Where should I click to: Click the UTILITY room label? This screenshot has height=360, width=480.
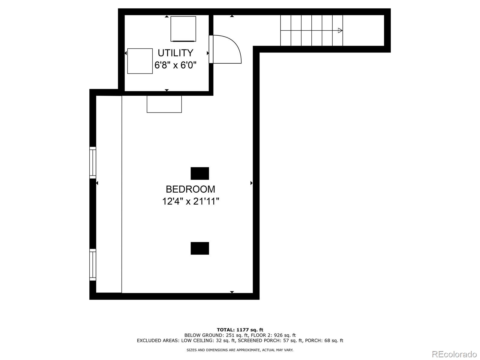coord(175,53)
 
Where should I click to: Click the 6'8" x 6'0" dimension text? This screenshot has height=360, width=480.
coord(175,65)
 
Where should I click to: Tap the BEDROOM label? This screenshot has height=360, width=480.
coord(190,189)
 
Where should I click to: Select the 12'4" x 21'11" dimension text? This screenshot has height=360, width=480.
coord(190,201)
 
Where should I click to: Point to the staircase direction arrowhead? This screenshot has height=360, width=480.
coord(340,30)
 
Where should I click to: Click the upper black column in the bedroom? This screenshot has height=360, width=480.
coord(200,173)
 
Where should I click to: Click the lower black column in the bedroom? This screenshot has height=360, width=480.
coord(200,248)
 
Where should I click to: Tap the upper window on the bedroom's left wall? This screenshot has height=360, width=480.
coord(93,163)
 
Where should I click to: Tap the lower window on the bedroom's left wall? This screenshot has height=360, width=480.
coord(93,265)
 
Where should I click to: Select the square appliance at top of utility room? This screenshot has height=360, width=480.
coord(183,29)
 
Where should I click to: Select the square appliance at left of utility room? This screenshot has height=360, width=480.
coord(140,61)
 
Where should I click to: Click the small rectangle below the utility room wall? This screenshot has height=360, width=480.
coord(164,104)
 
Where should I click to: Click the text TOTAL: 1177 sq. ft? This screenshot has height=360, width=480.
coord(240,330)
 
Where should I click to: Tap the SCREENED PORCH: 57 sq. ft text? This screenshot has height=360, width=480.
coord(270,340)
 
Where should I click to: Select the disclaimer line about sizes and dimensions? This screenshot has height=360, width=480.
coord(240,350)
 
